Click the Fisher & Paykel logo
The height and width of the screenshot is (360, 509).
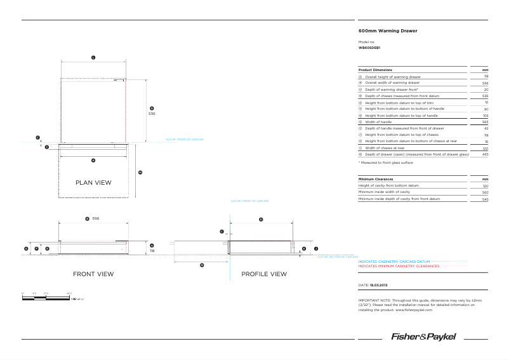click(423, 337)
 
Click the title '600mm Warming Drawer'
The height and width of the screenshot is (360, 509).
click(388, 30)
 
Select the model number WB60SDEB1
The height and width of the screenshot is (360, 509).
click(369, 48)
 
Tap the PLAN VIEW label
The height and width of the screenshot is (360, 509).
click(93, 183)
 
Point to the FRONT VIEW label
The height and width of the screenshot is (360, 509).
click(93, 274)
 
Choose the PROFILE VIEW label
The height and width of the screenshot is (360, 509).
click(264, 274)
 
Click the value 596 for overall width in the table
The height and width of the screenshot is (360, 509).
click(485, 83)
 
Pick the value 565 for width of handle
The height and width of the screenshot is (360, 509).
click(485, 122)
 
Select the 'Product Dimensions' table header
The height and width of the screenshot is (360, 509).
click(375, 70)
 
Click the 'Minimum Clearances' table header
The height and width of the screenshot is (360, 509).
click(376, 179)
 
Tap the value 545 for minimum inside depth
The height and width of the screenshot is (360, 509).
click(485, 199)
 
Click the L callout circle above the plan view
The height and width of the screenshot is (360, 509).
click(93, 58)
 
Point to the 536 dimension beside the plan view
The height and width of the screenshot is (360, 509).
click(152, 114)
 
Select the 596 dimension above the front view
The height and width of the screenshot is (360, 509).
click(96, 218)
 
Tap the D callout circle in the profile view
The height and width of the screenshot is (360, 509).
click(261, 218)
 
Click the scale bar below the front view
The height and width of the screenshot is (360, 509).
click(47, 296)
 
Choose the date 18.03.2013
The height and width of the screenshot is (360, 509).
click(374, 286)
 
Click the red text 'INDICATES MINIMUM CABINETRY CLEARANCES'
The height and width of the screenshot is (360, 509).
click(399, 267)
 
